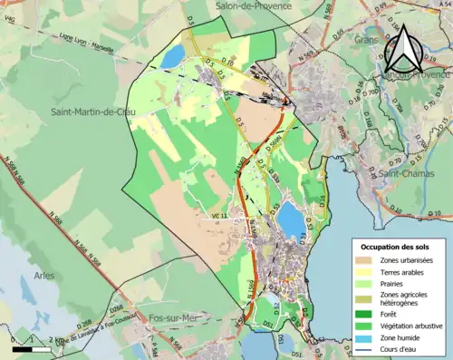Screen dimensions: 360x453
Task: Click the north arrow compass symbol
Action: pos(405,52)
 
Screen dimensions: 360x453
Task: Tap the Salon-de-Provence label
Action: pos(254,5)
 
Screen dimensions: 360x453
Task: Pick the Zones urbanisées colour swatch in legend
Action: pos(366,261)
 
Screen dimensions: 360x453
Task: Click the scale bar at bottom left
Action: pos(33,348)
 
